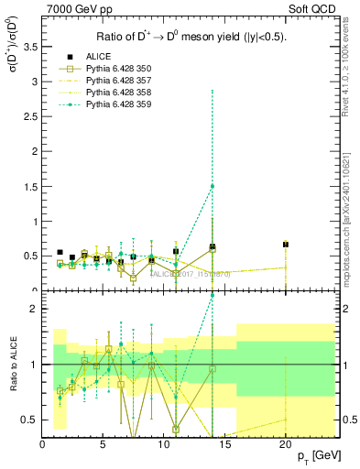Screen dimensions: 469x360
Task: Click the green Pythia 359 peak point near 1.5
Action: [213, 186]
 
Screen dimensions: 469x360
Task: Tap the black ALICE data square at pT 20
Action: [286, 245]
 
